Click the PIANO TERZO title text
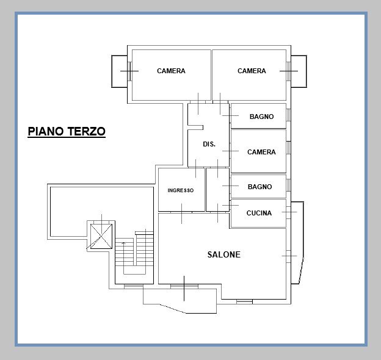coord(67,131)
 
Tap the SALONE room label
coord(223,254)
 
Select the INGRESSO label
coord(181,190)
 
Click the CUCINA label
coord(259,213)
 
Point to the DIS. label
coord(209,144)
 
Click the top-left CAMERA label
coord(171,71)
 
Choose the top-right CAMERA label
coord(252,71)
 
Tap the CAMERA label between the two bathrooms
coord(261,152)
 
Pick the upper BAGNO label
coord(261,117)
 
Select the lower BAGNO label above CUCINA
coord(259,187)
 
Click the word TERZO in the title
coord(87,131)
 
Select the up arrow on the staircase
coord(123,244)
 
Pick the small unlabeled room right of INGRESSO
coord(217,189)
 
